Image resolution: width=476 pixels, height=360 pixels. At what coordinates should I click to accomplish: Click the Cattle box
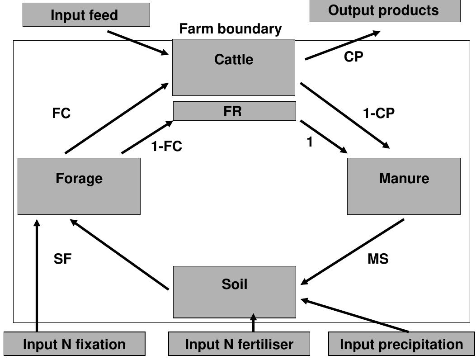coord(234,67)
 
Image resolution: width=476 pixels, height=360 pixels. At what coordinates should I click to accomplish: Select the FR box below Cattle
coord(234,111)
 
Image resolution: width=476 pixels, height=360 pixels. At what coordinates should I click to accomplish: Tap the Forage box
coord(79,186)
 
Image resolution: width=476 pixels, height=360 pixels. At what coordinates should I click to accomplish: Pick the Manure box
coord(404,186)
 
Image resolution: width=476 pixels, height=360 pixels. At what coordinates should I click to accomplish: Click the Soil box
coord(235,292)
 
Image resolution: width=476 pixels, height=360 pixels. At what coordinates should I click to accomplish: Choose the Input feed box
coord(86,14)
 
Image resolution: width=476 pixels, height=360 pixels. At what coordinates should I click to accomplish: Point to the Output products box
coord(384,11)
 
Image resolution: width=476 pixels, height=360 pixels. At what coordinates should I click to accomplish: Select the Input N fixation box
coord(75,344)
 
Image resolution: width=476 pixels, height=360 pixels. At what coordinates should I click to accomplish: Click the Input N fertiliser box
coord(239,344)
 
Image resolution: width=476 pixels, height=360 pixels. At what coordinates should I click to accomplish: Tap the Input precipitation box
coord(401,344)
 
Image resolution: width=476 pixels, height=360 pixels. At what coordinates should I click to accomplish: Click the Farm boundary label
coord(231,29)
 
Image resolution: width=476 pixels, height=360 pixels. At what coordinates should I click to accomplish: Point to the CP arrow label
coord(353,57)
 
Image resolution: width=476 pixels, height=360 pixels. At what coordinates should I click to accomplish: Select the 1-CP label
coord(379,114)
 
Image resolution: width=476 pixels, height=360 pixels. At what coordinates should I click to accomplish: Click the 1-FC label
coord(167,146)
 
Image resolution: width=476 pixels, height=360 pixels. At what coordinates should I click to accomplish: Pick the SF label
coord(62,259)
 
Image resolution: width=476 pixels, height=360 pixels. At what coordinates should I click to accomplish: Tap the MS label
coord(378,259)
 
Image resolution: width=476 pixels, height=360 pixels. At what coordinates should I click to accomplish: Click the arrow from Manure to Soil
coord(352,252)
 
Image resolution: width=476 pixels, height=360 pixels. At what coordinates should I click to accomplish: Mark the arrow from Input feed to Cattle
coord(137,43)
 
